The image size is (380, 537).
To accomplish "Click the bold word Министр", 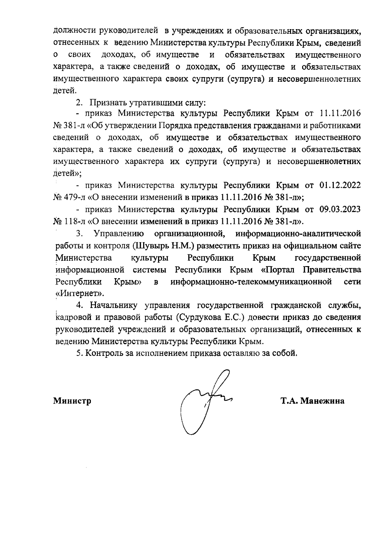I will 72,401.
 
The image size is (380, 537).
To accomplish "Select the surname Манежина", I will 322,401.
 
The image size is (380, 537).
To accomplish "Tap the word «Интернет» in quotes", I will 80,293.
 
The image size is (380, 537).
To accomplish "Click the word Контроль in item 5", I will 105,353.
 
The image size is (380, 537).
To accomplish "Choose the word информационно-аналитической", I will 298,234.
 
